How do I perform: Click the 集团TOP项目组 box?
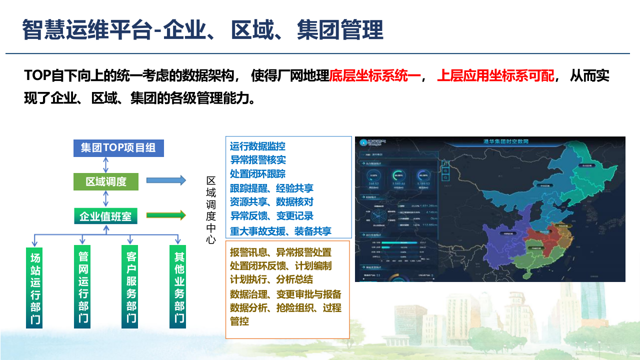point(118,148)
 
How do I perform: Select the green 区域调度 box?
point(106,181)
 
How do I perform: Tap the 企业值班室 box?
point(105,216)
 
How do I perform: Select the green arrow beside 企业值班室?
point(166,215)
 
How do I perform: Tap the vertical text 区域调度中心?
point(211,210)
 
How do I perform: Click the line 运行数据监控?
point(258,146)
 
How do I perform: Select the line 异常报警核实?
point(258,160)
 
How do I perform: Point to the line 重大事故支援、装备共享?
point(280,231)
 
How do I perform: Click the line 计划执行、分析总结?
point(271,279)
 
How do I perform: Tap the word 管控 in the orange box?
point(239,321)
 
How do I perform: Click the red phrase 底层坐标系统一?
point(375,76)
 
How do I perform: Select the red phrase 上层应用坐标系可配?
point(495,76)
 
